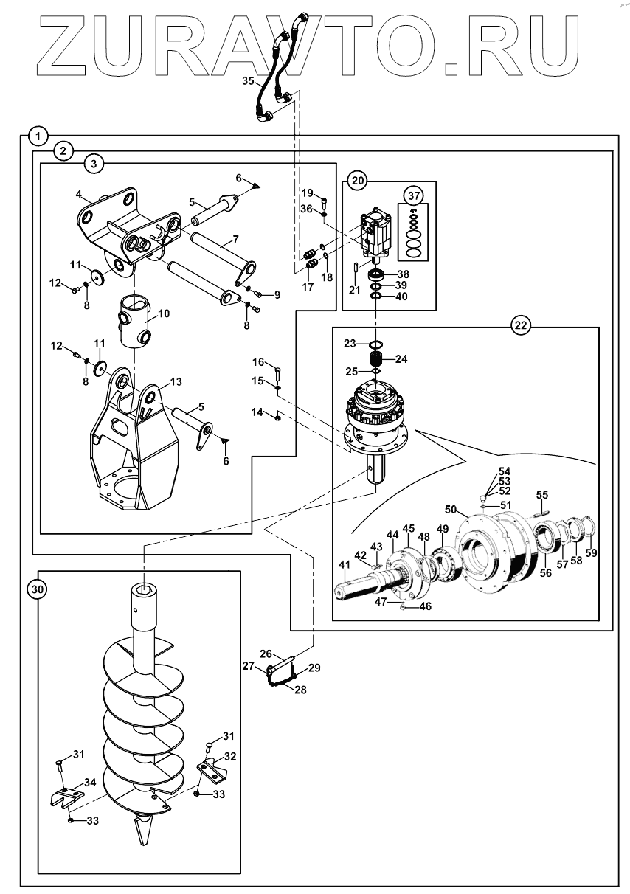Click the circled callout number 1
point(38,137)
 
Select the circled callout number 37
point(414,195)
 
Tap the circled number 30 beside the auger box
point(37,589)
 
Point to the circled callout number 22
point(521,326)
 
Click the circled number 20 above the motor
point(358,181)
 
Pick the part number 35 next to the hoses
point(248,81)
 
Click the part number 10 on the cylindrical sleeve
point(164,313)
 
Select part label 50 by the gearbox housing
point(450,509)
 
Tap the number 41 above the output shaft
point(345,564)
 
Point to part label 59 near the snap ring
point(591,552)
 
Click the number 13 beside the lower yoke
point(176,381)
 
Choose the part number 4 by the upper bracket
point(79,195)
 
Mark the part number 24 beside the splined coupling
point(401,359)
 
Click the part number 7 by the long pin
point(235,240)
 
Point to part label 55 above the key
point(541,495)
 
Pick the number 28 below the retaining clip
point(300,689)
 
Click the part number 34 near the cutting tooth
point(90,782)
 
